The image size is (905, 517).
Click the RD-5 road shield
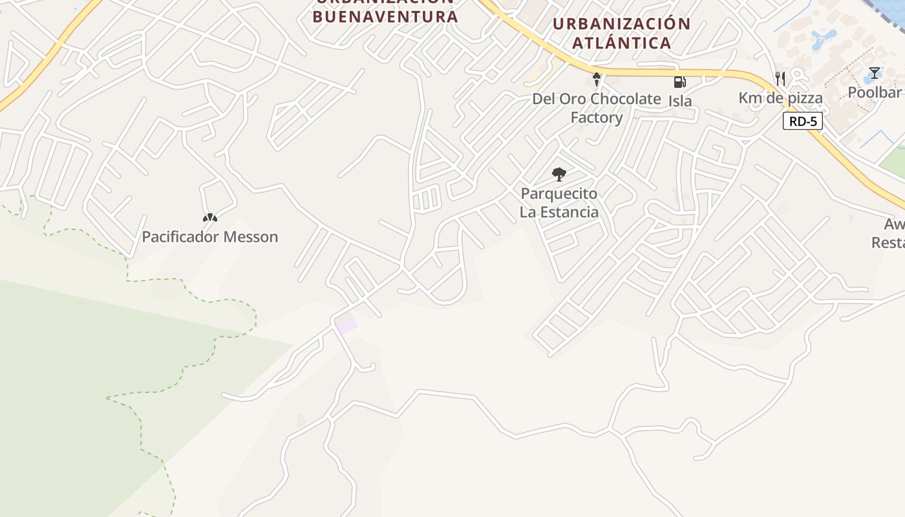pyautogui.click(x=802, y=121)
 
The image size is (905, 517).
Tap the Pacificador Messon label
pyautogui.click(x=210, y=237)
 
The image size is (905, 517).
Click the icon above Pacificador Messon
pyautogui.click(x=210, y=218)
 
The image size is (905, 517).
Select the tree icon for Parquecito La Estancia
pyautogui.click(x=559, y=174)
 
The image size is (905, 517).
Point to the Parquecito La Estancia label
pyautogui.click(x=559, y=203)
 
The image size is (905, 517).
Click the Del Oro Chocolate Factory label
pyautogui.click(x=596, y=108)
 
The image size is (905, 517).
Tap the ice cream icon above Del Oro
pyautogui.click(x=597, y=80)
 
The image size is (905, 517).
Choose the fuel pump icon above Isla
pyautogui.click(x=679, y=81)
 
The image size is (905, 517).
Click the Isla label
pyautogui.click(x=680, y=101)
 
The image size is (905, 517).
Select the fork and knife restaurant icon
pyautogui.click(x=781, y=79)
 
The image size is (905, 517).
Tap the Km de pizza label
pyautogui.click(x=781, y=98)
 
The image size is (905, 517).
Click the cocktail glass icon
pyautogui.click(x=875, y=73)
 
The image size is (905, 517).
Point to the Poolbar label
pyautogui.click(x=875, y=92)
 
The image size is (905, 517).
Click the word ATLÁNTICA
pyautogui.click(x=622, y=43)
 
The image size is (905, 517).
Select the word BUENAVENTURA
pyautogui.click(x=385, y=16)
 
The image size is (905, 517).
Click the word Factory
pyautogui.click(x=596, y=118)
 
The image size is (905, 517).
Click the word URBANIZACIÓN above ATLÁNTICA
pyautogui.click(x=622, y=25)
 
